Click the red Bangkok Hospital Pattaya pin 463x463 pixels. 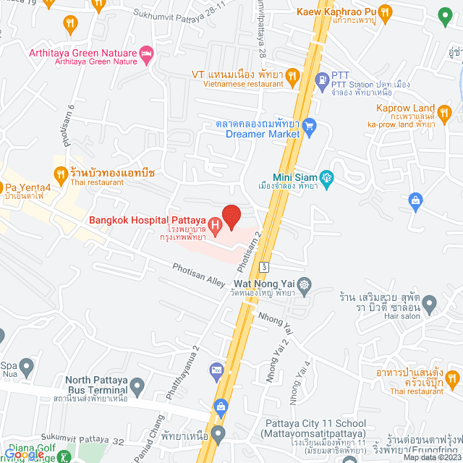(231, 216)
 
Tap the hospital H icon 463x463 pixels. (216, 222)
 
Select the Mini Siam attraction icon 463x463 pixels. (327, 177)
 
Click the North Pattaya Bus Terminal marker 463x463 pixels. (137, 384)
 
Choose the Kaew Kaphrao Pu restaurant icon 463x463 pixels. (385, 12)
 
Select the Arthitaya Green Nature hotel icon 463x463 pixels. (148, 53)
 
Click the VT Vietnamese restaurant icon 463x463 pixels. (292, 75)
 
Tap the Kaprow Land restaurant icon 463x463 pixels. (447, 114)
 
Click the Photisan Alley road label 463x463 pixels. (199, 276)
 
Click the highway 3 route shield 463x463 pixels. (266, 266)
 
